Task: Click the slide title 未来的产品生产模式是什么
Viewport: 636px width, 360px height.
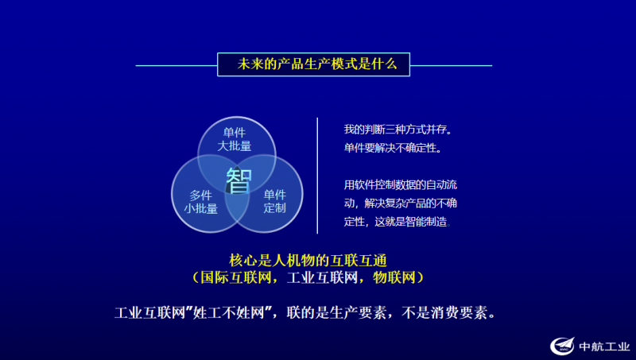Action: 317,64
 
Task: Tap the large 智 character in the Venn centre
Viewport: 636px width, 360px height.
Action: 239,180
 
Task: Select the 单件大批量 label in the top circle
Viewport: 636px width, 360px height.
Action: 235,139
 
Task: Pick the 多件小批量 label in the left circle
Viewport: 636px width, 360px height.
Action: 201,202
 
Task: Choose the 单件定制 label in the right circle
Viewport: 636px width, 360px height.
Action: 274,202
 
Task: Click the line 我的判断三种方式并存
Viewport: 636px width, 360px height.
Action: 398,130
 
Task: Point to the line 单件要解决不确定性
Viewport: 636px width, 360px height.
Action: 393,148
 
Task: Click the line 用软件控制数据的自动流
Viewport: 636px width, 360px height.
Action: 401,185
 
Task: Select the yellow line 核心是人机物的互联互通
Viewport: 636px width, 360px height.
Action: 308,261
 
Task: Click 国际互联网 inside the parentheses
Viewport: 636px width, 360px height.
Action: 235,277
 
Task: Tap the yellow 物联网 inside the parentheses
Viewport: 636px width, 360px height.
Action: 394,277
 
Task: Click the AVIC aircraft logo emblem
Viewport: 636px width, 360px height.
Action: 562,346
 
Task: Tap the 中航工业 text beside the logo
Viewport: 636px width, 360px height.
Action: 604,346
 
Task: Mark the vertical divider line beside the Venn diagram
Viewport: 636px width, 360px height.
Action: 317,176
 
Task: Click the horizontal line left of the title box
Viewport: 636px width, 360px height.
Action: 176,65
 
